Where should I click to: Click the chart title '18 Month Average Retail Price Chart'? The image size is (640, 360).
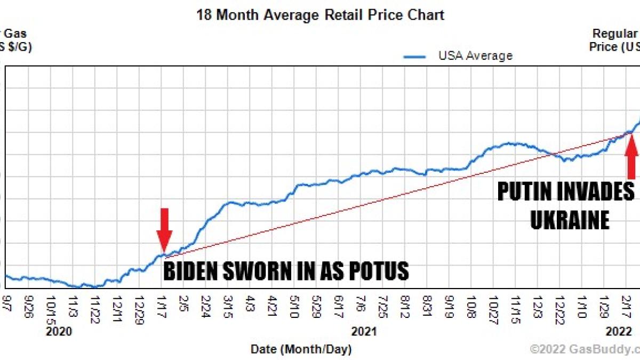point(320,14)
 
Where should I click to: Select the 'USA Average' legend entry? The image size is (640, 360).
point(475,55)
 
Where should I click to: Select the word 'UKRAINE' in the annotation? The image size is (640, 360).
point(569,220)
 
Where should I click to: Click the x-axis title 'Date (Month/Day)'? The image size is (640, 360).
point(301,349)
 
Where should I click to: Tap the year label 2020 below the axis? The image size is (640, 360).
point(59,332)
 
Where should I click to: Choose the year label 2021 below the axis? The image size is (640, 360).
point(364,332)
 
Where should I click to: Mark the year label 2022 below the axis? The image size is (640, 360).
point(619,332)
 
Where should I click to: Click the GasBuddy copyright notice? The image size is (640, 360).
point(585,349)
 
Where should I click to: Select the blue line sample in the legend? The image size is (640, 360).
point(415,56)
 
